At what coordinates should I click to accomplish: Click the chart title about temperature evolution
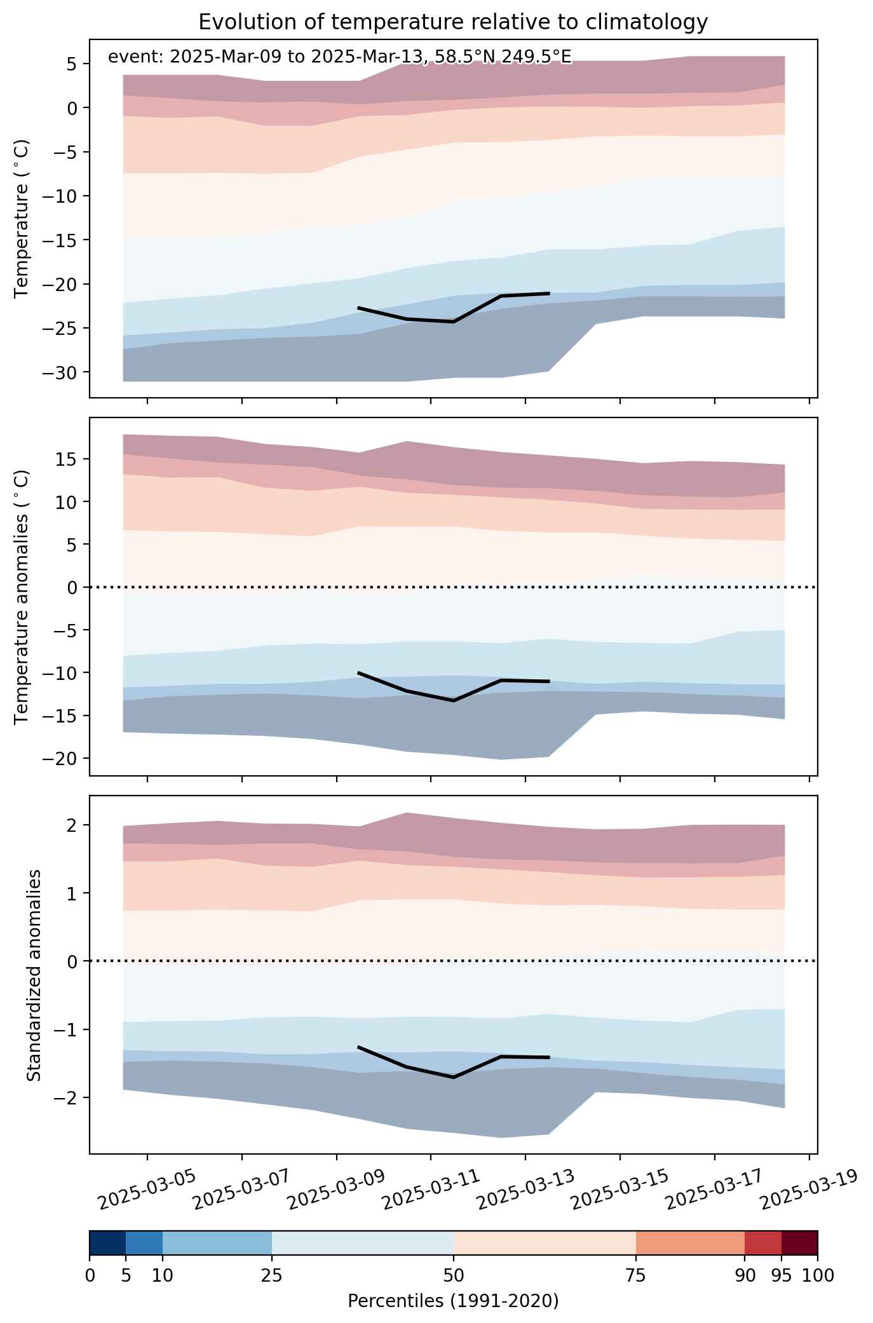453,22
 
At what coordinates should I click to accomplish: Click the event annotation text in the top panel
340,57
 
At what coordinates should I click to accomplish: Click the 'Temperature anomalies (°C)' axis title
22,597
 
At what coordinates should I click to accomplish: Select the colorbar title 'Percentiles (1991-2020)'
453,1301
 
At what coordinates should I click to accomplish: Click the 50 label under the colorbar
454,1275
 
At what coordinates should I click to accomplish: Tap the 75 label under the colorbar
636,1275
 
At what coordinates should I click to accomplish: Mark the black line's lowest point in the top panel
453,322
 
